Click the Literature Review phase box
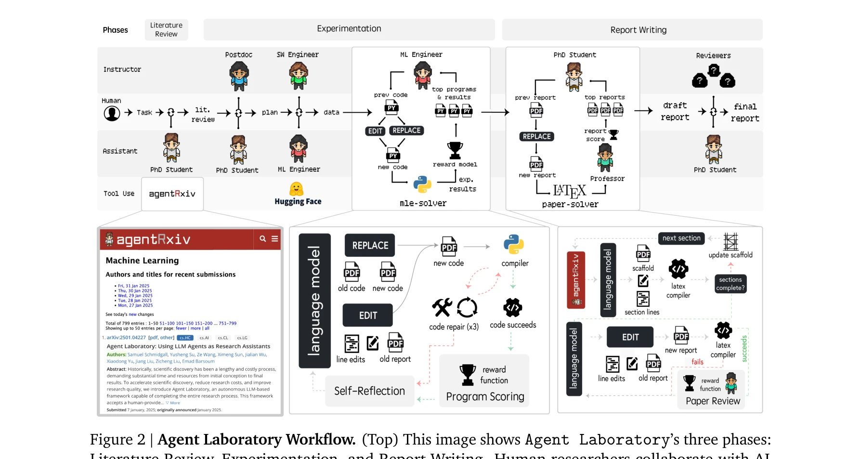pos(166,30)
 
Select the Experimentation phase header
pos(349,29)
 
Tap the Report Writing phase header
pos(632,30)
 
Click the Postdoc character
pos(239,76)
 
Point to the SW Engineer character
pos(299,76)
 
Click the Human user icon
pos(112,113)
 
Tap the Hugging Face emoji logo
pos(297,189)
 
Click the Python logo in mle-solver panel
pos(422,184)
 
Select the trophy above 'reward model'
pos(455,150)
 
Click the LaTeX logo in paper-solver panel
pos(570,191)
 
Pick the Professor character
pos(605,158)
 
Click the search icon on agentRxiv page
pos(262,238)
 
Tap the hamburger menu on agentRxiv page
pos(275,238)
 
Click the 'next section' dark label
pos(681,238)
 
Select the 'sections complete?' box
pos(730,284)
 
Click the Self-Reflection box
pos(369,391)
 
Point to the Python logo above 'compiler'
pos(514,245)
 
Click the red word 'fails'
pos(697,362)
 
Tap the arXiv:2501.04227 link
pos(126,338)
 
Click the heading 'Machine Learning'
pos(142,261)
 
